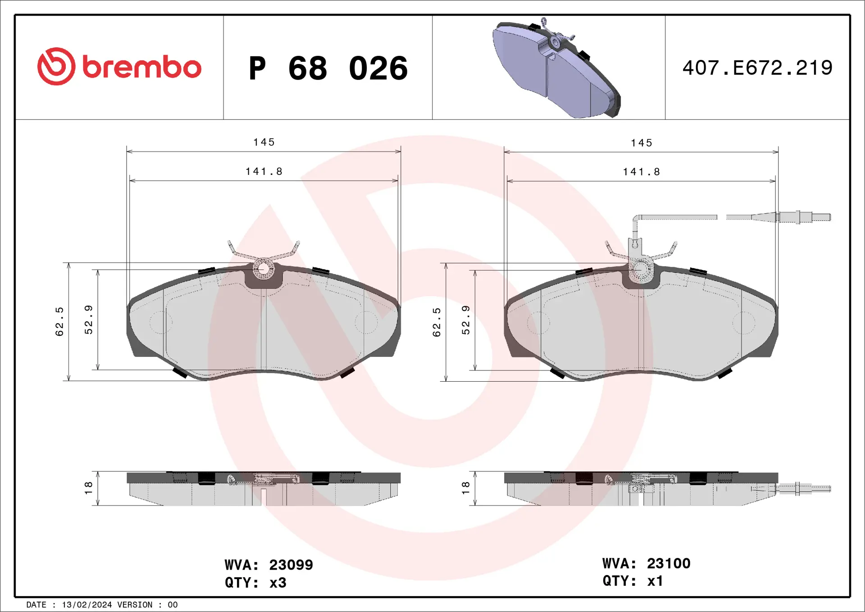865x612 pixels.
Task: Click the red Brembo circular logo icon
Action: click(56, 66)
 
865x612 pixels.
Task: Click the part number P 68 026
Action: click(328, 69)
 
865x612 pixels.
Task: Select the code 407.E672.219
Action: click(757, 68)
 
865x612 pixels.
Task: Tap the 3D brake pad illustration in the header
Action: click(556, 69)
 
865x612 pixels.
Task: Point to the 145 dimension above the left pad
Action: click(264, 142)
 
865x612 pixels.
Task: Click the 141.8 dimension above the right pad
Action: click(642, 172)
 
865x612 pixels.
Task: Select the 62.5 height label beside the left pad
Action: click(59, 321)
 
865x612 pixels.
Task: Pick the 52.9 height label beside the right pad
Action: click(466, 320)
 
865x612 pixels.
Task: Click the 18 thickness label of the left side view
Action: click(88, 487)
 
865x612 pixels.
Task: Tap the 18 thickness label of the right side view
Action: click(465, 487)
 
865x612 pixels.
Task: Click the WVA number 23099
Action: click(291, 565)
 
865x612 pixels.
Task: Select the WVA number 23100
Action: click(668, 563)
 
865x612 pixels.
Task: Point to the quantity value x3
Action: click(278, 583)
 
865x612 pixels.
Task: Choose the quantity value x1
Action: click(655, 581)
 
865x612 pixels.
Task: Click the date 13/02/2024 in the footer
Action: click(86, 605)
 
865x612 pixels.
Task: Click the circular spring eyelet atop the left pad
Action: click(263, 269)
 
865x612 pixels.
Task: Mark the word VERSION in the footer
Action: click(135, 605)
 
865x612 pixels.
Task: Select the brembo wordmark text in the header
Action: click(141, 68)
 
